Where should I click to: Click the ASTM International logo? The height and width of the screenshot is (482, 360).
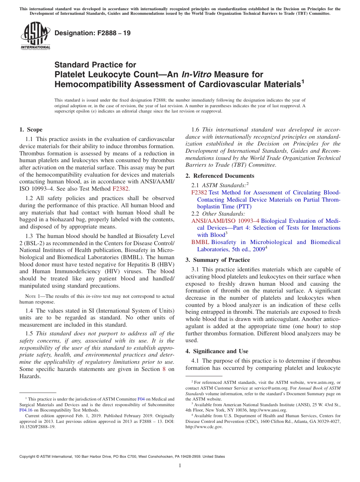click(x=35, y=36)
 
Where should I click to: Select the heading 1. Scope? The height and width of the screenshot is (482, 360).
click(x=31, y=130)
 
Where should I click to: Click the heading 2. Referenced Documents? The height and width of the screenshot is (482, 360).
click(x=219, y=176)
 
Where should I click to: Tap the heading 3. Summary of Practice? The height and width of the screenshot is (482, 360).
click(x=218, y=260)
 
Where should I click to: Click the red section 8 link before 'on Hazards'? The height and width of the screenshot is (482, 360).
click(x=164, y=369)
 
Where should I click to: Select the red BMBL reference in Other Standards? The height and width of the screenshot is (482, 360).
click(x=200, y=242)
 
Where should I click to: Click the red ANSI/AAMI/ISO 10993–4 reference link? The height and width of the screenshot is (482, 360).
click(x=225, y=221)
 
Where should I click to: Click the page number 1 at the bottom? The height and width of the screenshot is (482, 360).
click(x=180, y=466)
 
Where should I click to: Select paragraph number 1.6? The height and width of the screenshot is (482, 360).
click(x=196, y=130)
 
